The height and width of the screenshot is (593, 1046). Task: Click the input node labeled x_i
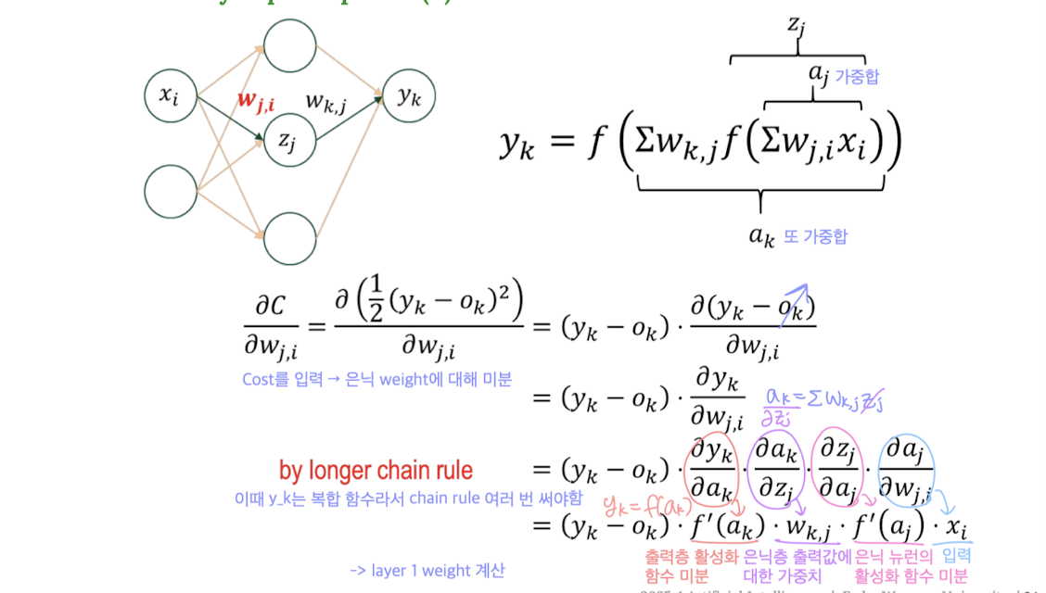[171, 95]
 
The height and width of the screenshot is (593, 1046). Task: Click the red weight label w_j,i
[255, 101]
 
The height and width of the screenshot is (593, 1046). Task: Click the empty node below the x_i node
[171, 192]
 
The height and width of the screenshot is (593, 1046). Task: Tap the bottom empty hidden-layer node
[290, 238]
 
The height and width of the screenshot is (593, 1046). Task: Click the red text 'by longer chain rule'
[376, 471]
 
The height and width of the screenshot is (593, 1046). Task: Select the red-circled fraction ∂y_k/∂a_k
[711, 468]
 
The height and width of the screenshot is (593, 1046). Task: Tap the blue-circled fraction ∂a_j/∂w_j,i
[906, 468]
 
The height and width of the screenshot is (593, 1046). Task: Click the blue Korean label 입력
[957, 556]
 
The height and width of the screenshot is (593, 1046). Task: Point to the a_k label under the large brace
[762, 235]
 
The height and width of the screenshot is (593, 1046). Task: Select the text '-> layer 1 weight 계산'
[427, 571]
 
